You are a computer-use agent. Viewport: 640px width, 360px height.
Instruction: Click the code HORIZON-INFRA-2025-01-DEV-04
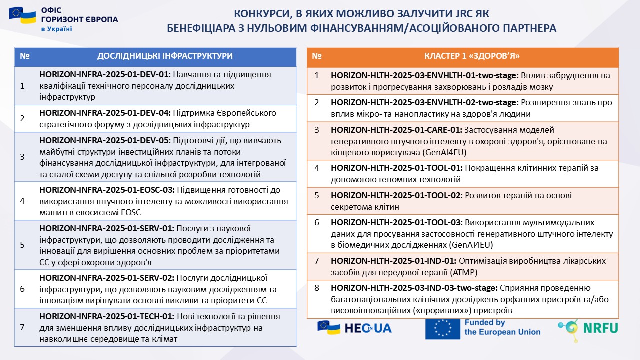(105, 113)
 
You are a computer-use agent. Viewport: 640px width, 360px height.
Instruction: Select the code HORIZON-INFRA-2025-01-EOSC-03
(106, 190)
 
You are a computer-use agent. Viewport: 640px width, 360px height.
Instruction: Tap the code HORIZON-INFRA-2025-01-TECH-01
(105, 316)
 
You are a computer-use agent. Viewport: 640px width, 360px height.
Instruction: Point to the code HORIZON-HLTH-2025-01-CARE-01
(396, 130)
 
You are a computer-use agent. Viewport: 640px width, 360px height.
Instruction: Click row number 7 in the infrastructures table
(22, 328)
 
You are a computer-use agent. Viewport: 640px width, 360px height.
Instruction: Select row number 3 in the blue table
(22, 157)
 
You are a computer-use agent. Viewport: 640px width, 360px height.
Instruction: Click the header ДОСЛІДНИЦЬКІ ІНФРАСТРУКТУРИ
(165, 56)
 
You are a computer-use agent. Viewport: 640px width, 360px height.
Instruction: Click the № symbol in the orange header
(317, 56)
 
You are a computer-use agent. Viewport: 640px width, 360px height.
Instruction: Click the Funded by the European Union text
(502, 327)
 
